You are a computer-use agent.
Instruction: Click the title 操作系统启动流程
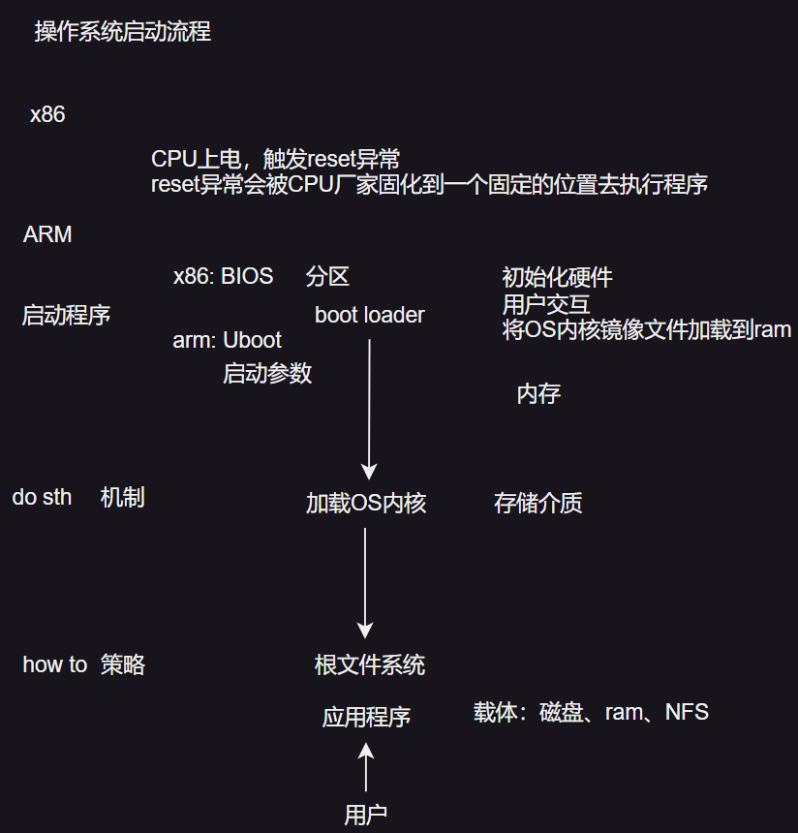(123, 32)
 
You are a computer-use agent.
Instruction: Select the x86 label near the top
(47, 114)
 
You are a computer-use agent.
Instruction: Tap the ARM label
(47, 234)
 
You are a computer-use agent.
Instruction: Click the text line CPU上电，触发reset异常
(275, 159)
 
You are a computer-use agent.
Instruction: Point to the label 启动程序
(66, 315)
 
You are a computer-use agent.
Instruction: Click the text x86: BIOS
(223, 277)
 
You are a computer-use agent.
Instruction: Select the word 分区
(327, 277)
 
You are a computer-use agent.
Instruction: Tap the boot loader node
(369, 315)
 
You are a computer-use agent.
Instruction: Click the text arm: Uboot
(228, 340)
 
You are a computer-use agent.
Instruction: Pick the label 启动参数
(267, 373)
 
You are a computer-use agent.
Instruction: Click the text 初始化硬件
(557, 278)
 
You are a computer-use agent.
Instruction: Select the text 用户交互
(546, 304)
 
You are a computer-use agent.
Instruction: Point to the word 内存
(538, 393)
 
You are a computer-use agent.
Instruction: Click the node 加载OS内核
(366, 503)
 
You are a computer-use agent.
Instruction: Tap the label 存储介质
(537, 503)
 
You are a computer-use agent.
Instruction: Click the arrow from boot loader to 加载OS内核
(369, 407)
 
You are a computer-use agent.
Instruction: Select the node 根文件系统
(369, 664)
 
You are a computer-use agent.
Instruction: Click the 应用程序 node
(366, 717)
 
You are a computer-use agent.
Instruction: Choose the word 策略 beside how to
(123, 664)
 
